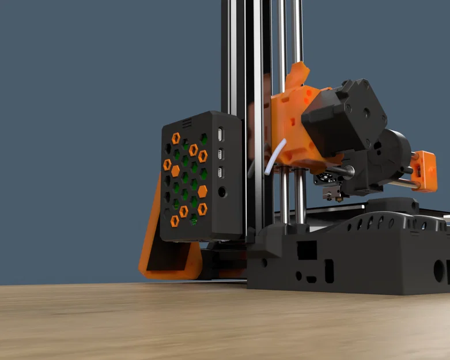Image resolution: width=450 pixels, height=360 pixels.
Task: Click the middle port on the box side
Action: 221,154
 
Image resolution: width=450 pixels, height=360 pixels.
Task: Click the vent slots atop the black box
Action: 186,123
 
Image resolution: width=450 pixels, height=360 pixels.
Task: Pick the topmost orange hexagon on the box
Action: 176,138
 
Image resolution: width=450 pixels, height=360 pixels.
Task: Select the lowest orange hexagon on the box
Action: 175,221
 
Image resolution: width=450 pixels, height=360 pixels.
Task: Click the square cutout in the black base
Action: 307,250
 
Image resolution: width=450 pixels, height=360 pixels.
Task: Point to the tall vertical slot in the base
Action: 329,271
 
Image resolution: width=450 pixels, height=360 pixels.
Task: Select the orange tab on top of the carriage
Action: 298,74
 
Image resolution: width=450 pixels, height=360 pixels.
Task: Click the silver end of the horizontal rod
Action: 410,170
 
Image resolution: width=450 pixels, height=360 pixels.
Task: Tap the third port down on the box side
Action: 221,172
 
